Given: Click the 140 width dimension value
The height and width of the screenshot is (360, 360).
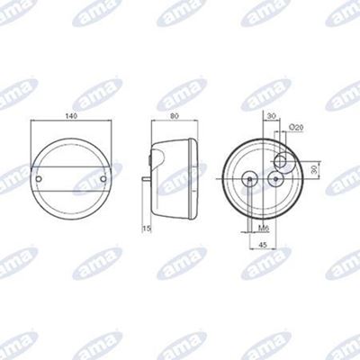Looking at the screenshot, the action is [x=71, y=116].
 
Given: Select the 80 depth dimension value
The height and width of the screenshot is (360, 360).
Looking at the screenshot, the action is [x=175, y=116].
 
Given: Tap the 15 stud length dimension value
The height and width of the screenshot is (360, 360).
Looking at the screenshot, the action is [x=147, y=229].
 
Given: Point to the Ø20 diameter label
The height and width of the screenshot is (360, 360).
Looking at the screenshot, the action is [x=296, y=128].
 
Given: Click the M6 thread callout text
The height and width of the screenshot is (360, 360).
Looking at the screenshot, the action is [x=264, y=229].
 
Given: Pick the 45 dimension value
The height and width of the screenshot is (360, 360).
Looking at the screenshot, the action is [x=263, y=245].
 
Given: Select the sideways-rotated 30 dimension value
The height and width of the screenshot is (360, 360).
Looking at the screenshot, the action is [x=314, y=170].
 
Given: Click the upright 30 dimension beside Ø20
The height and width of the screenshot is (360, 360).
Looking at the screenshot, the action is [x=272, y=116].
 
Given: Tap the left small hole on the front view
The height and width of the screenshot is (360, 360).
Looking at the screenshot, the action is [x=39, y=179].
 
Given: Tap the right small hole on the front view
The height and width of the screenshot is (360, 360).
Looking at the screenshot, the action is [x=103, y=179].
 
